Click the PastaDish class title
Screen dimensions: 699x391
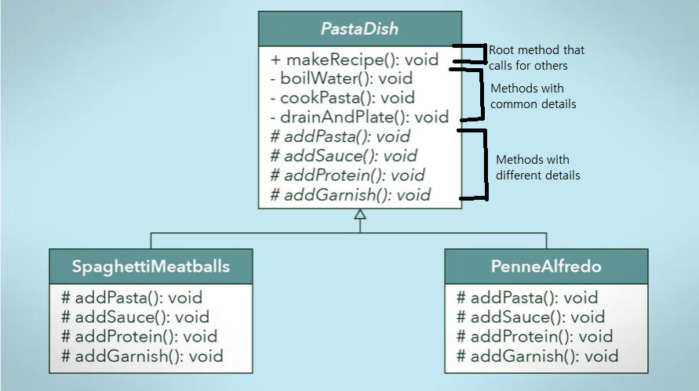point(359,29)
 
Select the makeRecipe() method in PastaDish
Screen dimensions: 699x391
point(354,60)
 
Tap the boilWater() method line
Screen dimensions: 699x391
point(342,78)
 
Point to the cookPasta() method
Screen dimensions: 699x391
point(342,98)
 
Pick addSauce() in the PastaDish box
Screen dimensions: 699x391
point(344,156)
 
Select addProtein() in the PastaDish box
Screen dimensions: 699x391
point(347,175)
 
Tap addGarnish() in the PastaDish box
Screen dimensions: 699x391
point(350,194)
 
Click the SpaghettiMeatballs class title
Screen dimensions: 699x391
point(151,266)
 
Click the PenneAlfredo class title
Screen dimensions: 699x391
point(546,266)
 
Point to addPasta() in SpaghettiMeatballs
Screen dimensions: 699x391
point(132,298)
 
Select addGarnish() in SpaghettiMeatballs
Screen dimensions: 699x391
point(142,357)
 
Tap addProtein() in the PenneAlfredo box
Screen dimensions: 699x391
point(534,337)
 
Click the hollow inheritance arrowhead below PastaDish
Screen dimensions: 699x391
point(360,215)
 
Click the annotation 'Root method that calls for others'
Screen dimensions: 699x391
point(537,57)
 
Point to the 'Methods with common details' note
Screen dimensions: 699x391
point(533,96)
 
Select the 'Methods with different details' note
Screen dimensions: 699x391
point(537,167)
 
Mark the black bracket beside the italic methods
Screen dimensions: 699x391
point(474,165)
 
